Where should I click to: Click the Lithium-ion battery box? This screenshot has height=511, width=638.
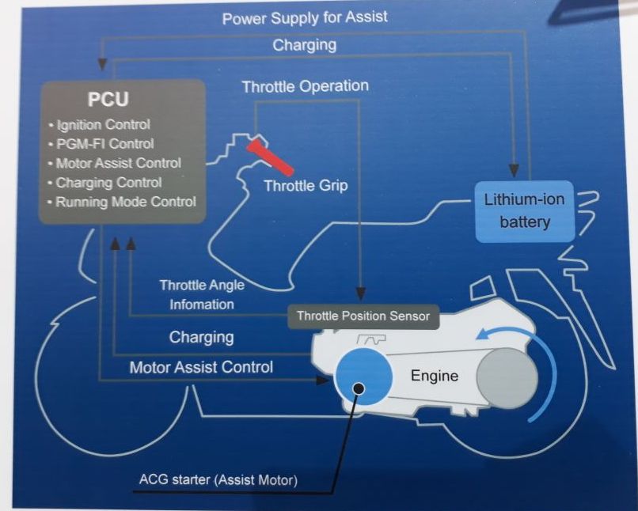click(x=523, y=210)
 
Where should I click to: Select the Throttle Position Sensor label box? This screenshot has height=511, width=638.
click(x=363, y=316)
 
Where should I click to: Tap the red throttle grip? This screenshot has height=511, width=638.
click(x=270, y=156)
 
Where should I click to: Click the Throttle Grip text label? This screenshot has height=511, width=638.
click(x=306, y=187)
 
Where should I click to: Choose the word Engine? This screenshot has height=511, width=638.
click(x=434, y=376)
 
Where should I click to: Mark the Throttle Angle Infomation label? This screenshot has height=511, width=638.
click(x=201, y=294)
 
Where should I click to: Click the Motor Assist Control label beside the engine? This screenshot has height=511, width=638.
click(x=201, y=367)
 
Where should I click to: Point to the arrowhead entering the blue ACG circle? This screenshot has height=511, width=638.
click(x=322, y=380)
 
